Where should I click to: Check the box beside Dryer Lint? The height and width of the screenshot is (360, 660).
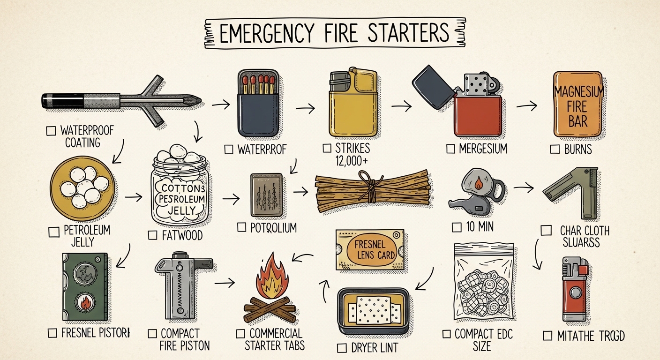pyautogui.click(x=342, y=348)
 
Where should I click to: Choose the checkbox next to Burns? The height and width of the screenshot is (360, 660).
pyautogui.click(x=555, y=150)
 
